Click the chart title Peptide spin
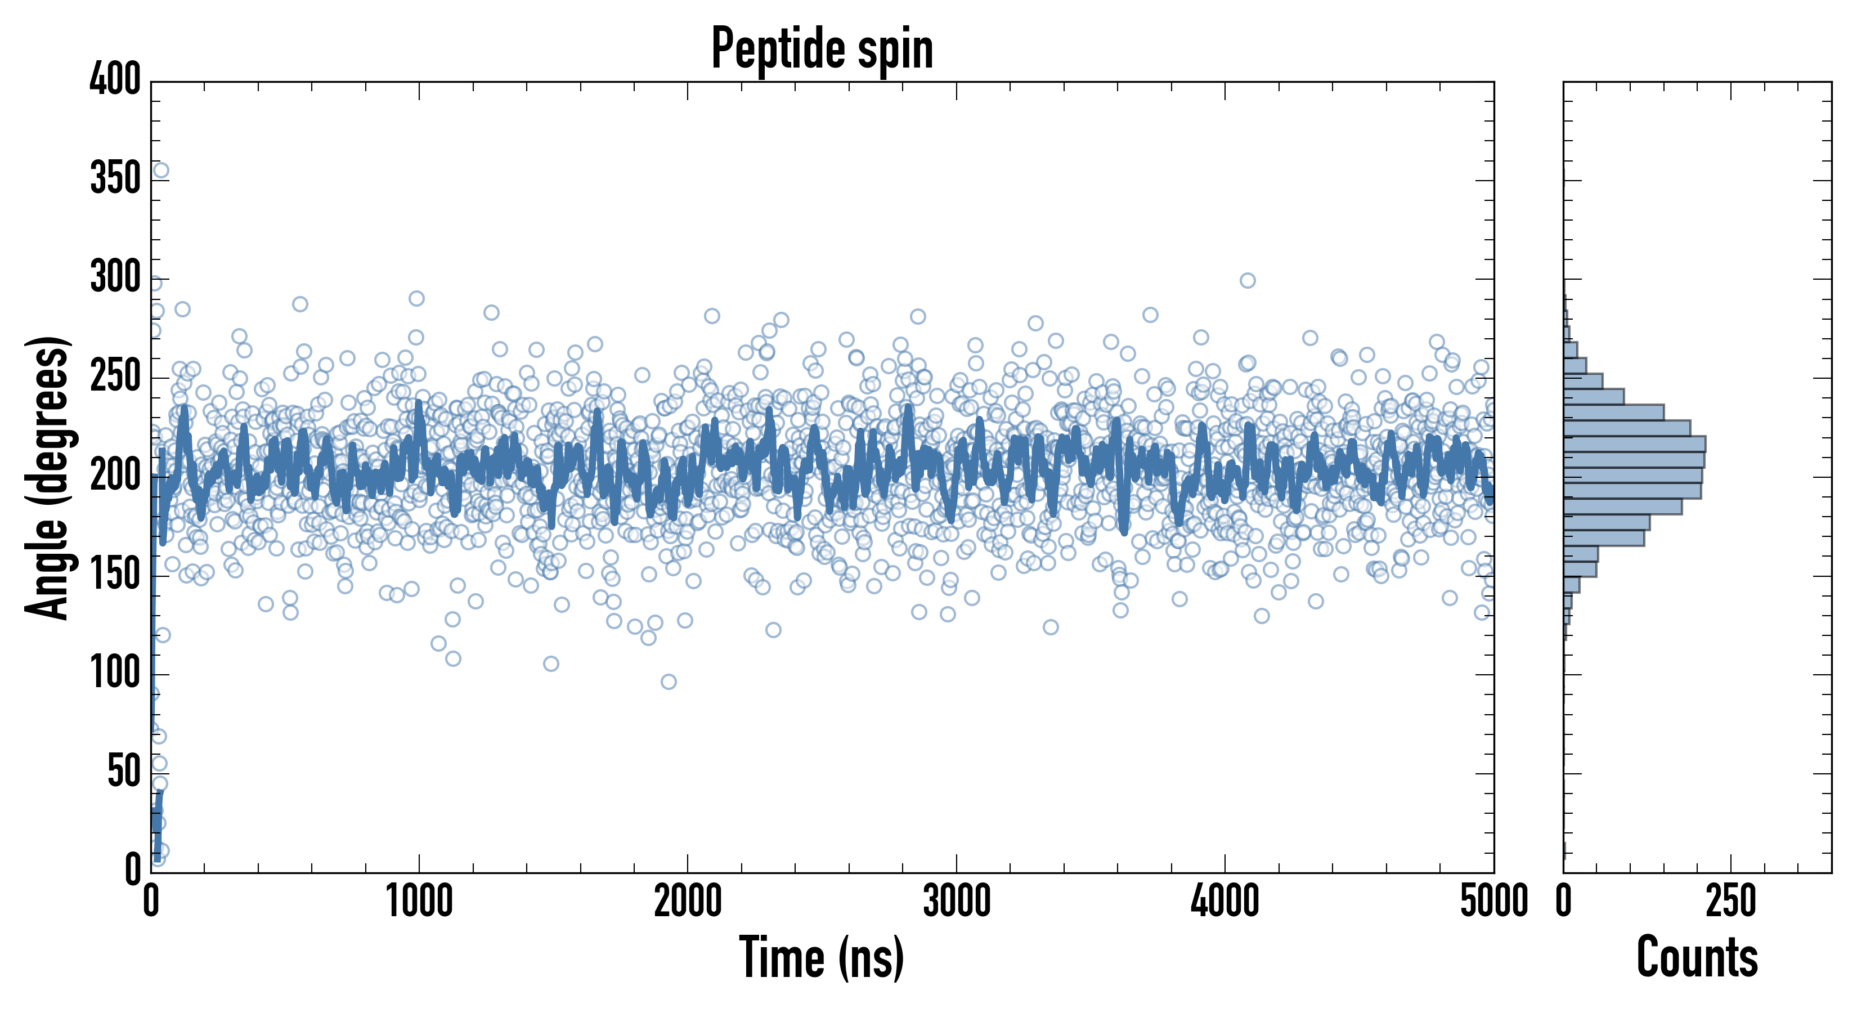coord(822,49)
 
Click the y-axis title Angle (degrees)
coord(48,477)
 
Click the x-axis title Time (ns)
coord(821,957)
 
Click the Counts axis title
coord(1697,957)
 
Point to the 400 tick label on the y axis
coord(115,79)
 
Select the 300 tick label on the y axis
coord(115,277)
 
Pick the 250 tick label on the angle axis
coord(115,376)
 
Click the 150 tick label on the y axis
coord(115,575)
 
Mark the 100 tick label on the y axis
coord(115,674)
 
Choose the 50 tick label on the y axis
coord(124,773)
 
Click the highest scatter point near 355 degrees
coord(161,170)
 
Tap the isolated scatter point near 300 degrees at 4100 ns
coord(1247,280)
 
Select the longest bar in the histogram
coord(1634,444)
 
